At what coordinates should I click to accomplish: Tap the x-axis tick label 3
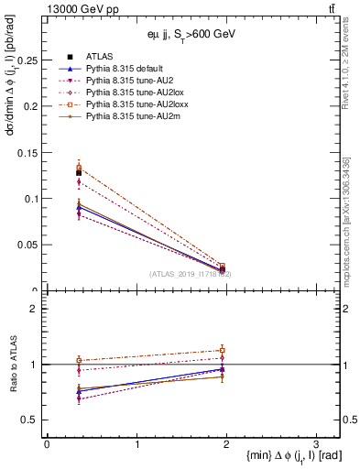tap(315, 444)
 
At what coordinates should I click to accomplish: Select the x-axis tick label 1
tap(136, 444)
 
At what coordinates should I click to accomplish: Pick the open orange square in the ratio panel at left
tap(79, 360)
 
